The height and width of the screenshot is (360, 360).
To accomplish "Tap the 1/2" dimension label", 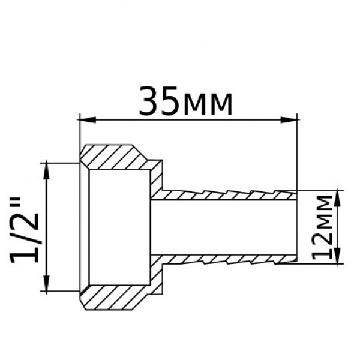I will [x=26, y=227].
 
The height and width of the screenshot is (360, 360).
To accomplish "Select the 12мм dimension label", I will [x=323, y=226].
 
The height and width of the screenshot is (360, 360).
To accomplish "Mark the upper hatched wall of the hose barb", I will [x=228, y=195].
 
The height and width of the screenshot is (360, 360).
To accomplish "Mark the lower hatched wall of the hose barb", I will [x=228, y=259].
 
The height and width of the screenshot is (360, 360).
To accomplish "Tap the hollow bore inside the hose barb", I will [x=228, y=227].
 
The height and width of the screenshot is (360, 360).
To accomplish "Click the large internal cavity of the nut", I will [x=120, y=227].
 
